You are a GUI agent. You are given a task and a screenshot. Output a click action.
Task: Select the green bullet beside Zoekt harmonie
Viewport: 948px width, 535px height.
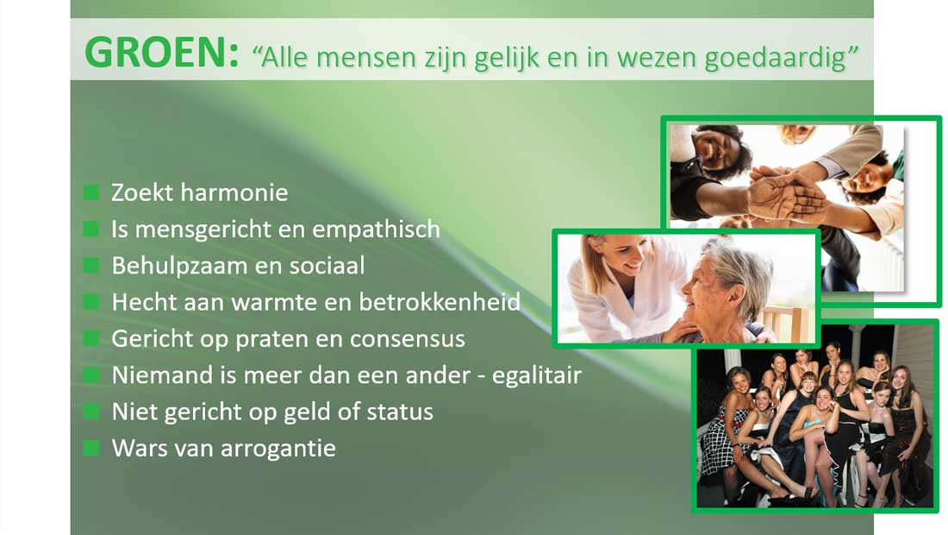click(91, 192)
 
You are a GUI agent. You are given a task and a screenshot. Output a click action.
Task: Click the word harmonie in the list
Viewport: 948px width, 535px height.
click(234, 192)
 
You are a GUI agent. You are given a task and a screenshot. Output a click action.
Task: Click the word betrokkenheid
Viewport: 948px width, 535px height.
click(440, 302)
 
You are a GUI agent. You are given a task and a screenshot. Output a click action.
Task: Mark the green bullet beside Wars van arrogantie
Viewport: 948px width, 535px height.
click(91, 448)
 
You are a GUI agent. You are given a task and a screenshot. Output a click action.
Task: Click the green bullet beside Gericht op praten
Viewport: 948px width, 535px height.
click(91, 338)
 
